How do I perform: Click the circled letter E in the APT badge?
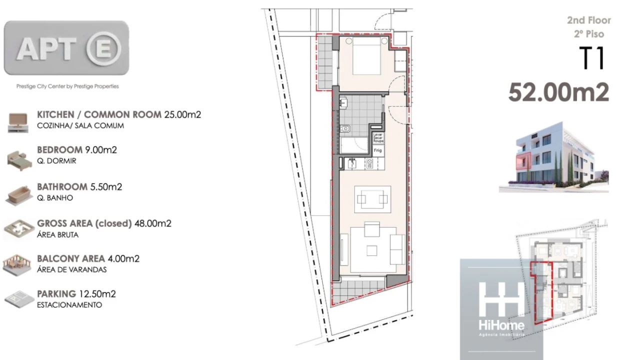pos(103,48)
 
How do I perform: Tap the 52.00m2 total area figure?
pos(558,92)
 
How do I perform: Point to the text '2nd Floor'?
pos(588,20)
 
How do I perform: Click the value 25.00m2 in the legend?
pos(182,114)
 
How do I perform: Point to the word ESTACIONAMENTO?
pos(69,304)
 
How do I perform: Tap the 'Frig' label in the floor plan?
pos(378,149)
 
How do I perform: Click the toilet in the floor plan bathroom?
pos(345,129)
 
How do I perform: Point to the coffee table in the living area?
pos(371,199)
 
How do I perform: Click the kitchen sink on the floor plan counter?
pos(352,163)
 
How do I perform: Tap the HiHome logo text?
pos(501,326)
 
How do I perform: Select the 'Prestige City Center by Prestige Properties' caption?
pos(67,86)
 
